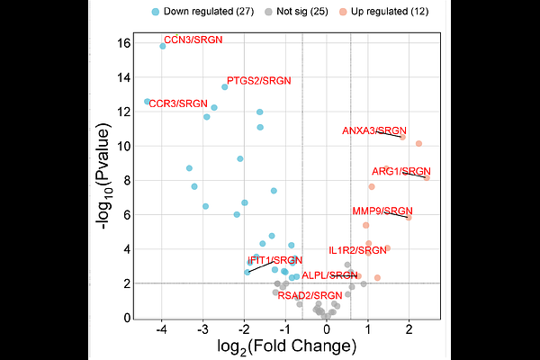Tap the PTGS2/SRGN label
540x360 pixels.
(x=259, y=82)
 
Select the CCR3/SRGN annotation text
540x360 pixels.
(x=178, y=104)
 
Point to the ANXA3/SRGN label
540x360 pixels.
(x=374, y=131)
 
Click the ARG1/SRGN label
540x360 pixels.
(x=401, y=171)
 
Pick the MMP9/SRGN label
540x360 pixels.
(x=382, y=211)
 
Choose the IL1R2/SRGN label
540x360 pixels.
(x=358, y=250)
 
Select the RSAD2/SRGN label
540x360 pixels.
(x=310, y=295)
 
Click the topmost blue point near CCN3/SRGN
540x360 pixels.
(x=163, y=46)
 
